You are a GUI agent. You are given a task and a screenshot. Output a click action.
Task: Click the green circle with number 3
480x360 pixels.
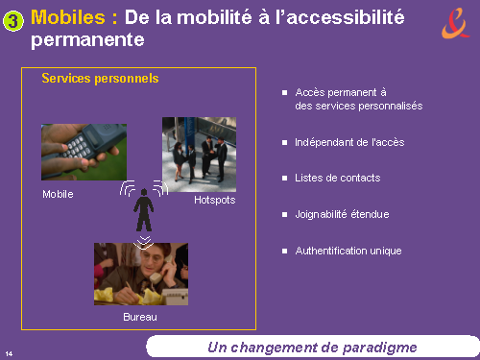13,21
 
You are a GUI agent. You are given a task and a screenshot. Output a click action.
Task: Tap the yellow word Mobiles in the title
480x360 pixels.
68,17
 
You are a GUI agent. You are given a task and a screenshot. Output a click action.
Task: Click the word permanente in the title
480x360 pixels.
87,40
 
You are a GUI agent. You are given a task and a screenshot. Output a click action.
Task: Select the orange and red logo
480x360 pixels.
456,23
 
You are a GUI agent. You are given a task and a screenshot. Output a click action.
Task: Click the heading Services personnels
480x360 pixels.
100,79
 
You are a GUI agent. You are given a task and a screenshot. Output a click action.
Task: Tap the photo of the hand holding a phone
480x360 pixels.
84,152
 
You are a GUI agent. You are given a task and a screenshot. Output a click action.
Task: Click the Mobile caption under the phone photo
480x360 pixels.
58,194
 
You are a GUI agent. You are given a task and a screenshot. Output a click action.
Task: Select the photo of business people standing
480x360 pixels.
199,155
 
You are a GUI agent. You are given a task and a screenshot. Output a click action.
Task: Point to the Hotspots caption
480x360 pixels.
215,200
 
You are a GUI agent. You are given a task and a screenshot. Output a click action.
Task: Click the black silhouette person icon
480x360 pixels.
144,210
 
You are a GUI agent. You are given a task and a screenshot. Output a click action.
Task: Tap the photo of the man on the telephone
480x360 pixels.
141,274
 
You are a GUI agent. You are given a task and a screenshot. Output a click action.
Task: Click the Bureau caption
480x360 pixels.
140,317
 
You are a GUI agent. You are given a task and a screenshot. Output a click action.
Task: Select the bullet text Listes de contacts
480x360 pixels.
338,178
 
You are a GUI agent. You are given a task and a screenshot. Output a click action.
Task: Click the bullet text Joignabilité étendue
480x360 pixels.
342,214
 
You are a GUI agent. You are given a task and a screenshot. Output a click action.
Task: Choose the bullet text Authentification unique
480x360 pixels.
348,251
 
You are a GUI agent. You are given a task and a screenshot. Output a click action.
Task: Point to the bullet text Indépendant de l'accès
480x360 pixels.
349,142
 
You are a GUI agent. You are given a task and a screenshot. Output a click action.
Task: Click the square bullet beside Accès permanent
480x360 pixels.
284,93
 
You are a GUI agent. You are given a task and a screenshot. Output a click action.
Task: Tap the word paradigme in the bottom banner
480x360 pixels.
379,348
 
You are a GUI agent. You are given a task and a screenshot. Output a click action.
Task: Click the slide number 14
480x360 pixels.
9,353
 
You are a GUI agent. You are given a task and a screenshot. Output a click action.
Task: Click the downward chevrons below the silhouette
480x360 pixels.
144,243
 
